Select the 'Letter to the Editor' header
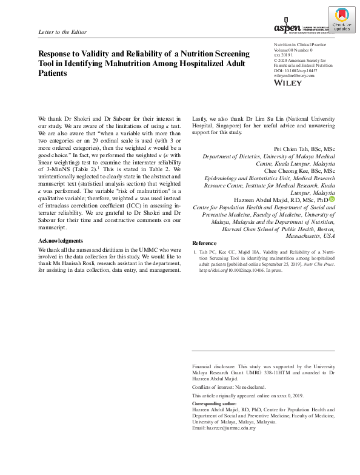62,32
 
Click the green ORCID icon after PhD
333,199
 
